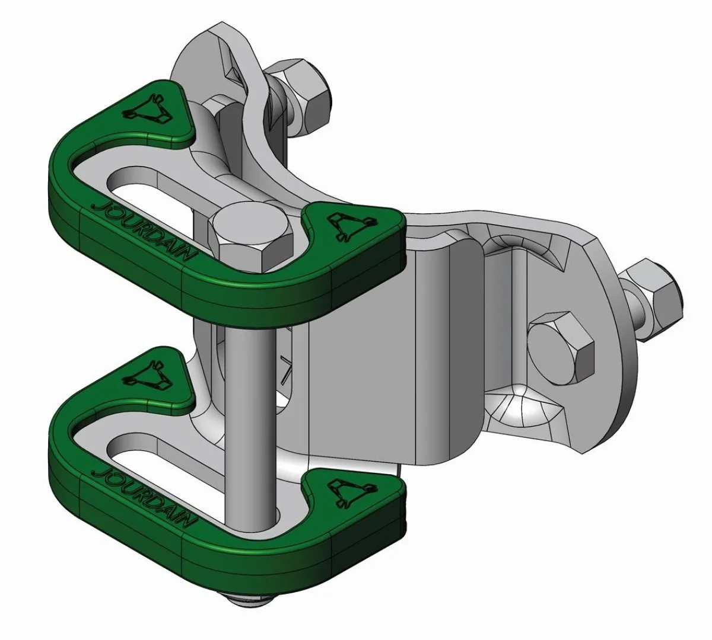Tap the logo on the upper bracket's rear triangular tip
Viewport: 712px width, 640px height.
(x=147, y=110)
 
